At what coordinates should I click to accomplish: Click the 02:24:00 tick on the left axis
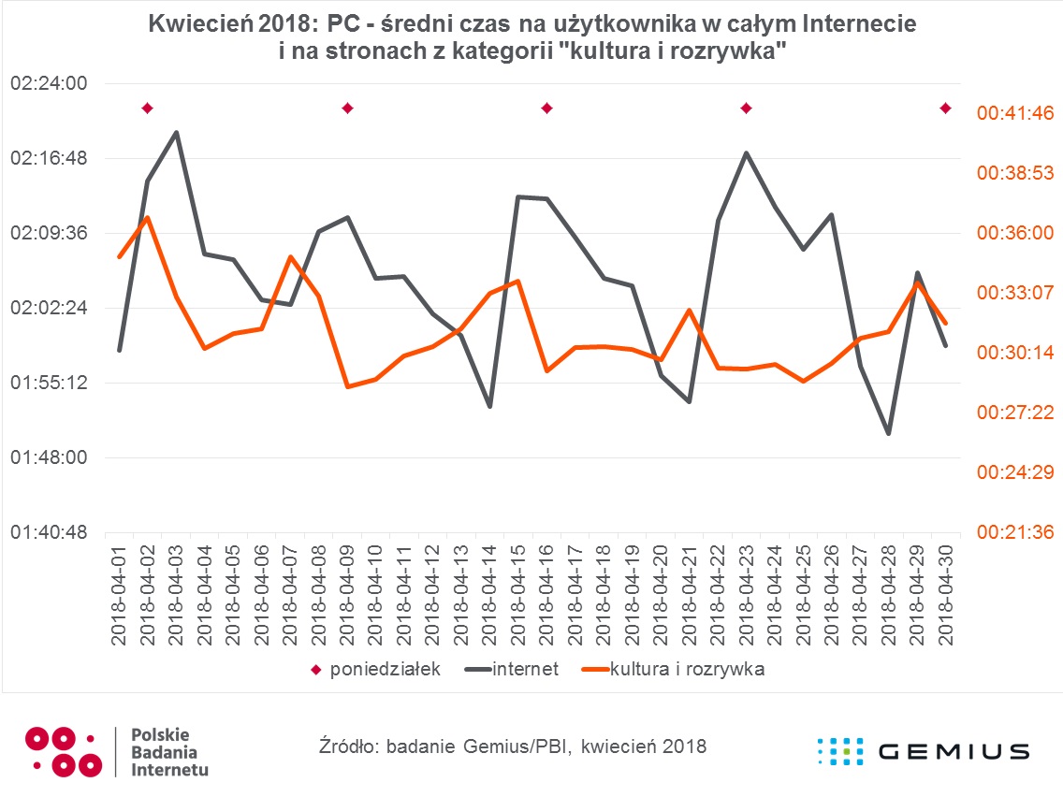(49, 83)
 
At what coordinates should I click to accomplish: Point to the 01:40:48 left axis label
(49, 532)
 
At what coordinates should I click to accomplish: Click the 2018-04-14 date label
(489, 593)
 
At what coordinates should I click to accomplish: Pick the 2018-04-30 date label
(946, 593)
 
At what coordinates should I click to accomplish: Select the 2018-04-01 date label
(119, 593)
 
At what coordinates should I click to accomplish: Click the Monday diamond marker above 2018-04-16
(546, 109)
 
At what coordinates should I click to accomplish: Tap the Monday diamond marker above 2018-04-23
(746, 109)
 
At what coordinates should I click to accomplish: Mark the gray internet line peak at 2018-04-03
(176, 132)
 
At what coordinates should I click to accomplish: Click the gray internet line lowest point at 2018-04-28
(889, 434)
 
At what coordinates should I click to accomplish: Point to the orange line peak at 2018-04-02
(147, 218)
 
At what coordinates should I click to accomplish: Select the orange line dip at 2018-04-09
(347, 386)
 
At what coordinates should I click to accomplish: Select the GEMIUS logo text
(954, 751)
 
